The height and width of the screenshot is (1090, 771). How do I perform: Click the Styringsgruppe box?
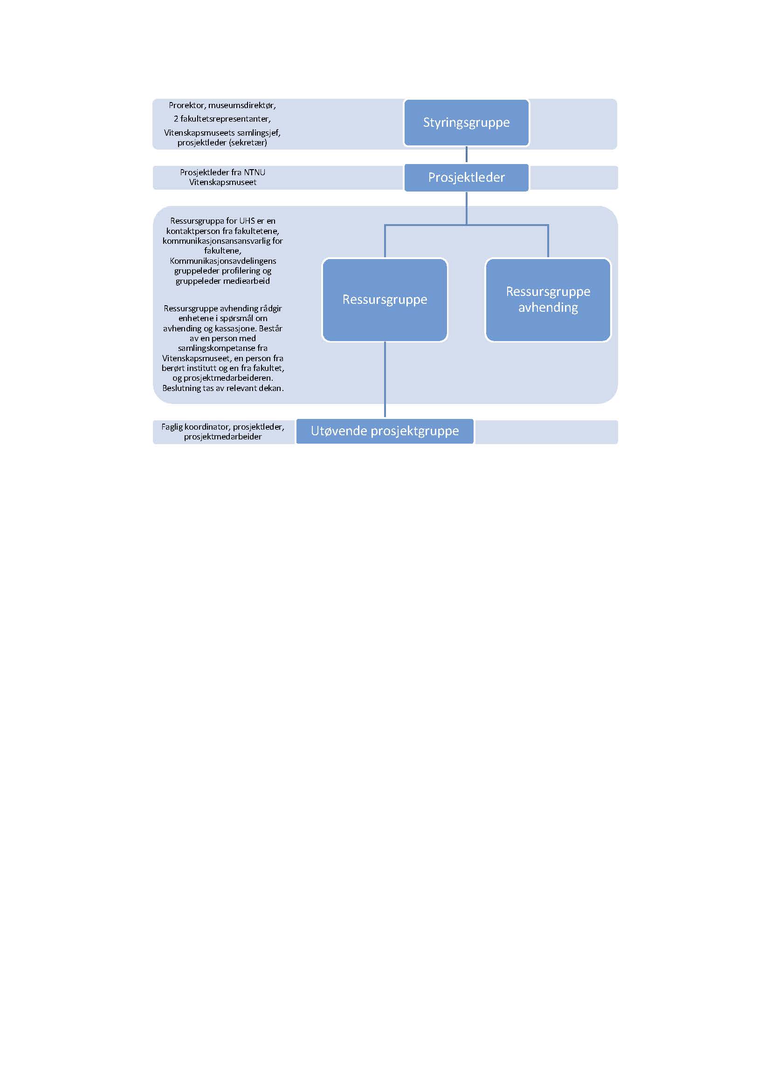466,123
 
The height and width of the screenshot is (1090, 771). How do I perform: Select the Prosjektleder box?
466,178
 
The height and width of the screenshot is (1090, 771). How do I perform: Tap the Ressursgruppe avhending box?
548,300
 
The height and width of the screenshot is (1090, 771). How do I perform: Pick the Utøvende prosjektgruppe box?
385,431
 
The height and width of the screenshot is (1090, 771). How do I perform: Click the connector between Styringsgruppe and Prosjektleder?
466,155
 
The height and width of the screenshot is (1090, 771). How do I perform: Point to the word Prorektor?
187,105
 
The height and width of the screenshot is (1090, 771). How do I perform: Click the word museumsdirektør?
242,105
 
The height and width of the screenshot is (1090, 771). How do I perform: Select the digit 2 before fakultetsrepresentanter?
176,119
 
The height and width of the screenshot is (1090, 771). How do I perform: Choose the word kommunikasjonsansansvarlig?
216,240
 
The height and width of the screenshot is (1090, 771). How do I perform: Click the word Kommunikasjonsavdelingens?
223,261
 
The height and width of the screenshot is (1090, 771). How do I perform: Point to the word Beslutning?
181,388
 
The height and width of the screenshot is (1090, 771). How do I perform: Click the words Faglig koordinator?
196,427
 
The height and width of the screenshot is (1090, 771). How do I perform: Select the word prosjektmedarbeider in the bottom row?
223,437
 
